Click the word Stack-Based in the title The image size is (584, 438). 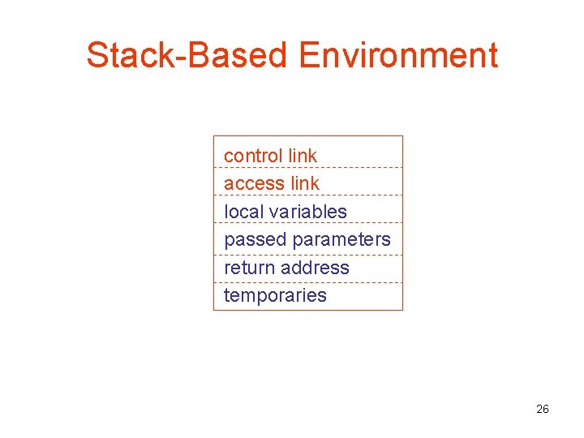tap(187, 56)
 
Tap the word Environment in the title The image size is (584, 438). tap(398, 56)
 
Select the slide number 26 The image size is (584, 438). tap(543, 409)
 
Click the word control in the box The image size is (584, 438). tap(253, 155)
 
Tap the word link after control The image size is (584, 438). tap(303, 155)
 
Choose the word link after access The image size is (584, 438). tap(305, 183)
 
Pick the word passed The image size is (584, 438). tap(255, 239)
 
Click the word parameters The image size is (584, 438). tap(341, 240)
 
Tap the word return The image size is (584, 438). tap(249, 268)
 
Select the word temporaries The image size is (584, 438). tap(275, 295)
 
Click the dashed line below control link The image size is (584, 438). tap(308, 168)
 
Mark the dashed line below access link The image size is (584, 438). tap(308, 195)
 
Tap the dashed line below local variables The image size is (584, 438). tap(308, 223)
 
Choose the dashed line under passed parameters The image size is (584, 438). tap(308, 255)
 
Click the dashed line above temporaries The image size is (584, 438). tap(308, 282)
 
